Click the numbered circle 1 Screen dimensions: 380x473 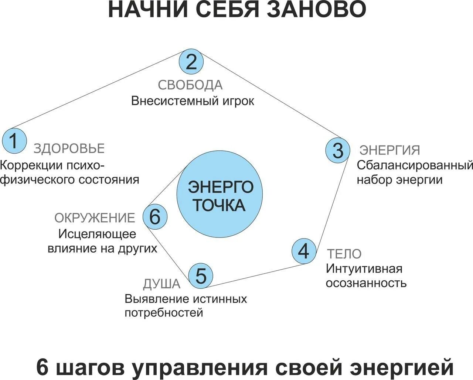click(x=14, y=141)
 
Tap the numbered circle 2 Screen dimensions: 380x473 click(x=191, y=62)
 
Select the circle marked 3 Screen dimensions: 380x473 click(x=337, y=151)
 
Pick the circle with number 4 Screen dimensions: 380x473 click(x=304, y=251)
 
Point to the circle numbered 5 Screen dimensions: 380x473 click(x=201, y=275)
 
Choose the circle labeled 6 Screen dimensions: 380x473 click(x=155, y=217)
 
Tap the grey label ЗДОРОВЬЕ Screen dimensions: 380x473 click(x=69, y=148)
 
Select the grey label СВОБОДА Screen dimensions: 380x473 click(x=190, y=85)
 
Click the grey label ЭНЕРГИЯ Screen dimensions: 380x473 click(x=390, y=150)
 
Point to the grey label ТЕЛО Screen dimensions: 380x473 click(x=344, y=254)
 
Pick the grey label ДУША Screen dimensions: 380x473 click(x=161, y=284)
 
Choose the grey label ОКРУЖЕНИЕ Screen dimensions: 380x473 click(x=95, y=218)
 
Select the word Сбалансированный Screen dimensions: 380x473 click(x=415, y=165)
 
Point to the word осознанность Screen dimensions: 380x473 click(x=366, y=283)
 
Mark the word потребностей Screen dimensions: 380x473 click(x=164, y=313)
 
